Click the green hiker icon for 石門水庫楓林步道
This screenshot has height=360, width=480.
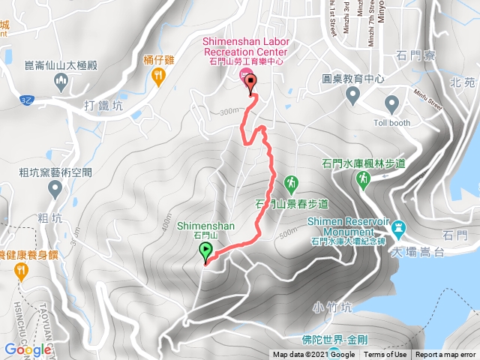364,178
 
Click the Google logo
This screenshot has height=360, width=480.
27,349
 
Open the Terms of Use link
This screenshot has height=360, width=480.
386,355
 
